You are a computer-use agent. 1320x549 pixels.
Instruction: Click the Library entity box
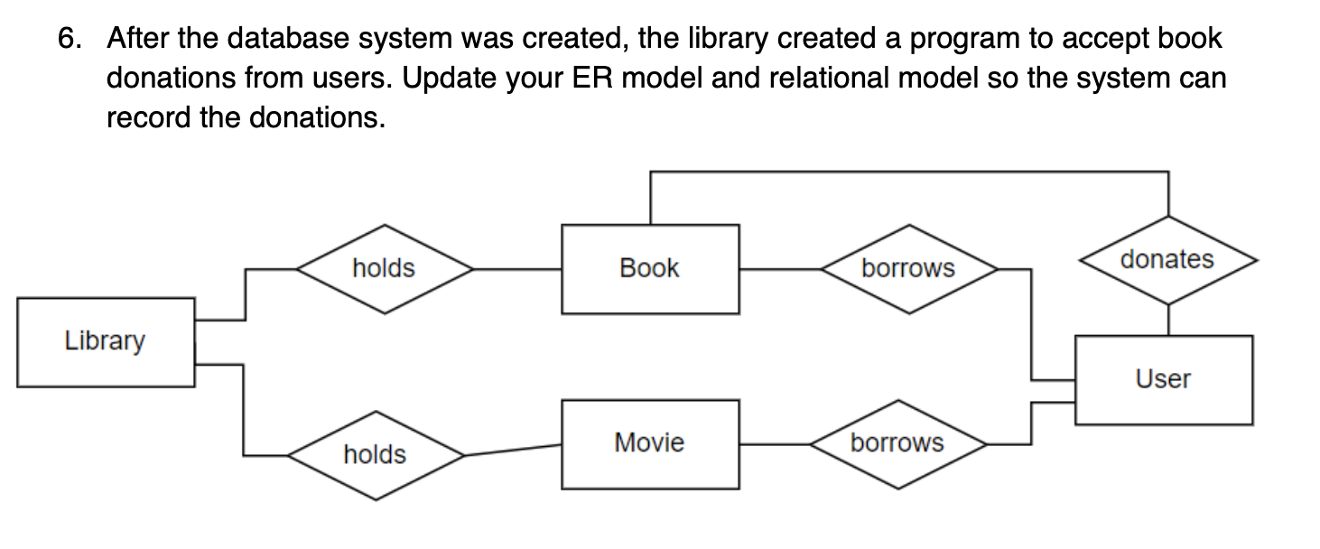click(x=106, y=342)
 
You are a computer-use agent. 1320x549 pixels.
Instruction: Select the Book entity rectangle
click(x=650, y=268)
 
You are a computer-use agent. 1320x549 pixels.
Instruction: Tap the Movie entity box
click(x=650, y=443)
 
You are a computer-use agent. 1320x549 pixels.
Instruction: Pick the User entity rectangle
click(x=1163, y=379)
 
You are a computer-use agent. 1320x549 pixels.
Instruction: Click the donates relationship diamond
click(x=1168, y=260)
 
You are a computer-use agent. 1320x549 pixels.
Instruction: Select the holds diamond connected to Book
click(x=385, y=268)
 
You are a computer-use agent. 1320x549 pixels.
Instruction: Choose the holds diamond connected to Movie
click(x=376, y=454)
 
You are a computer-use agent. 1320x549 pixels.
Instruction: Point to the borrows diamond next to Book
click(x=908, y=268)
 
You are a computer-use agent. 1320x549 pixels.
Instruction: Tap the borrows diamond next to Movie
click(x=897, y=443)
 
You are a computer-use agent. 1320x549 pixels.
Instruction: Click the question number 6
click(x=69, y=39)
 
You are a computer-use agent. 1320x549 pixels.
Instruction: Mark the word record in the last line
click(x=148, y=117)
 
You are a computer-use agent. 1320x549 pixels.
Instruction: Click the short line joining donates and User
click(x=1169, y=320)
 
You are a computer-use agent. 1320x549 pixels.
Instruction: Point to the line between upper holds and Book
click(x=517, y=268)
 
